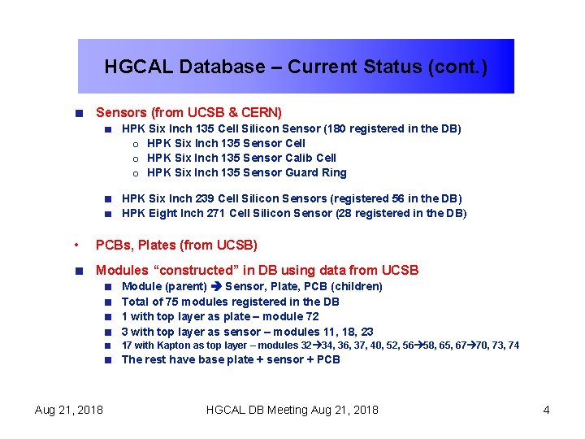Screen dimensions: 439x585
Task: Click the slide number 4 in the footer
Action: pos(547,410)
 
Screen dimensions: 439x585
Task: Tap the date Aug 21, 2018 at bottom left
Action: pos(69,410)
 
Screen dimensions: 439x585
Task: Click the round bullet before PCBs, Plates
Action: pos(75,245)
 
